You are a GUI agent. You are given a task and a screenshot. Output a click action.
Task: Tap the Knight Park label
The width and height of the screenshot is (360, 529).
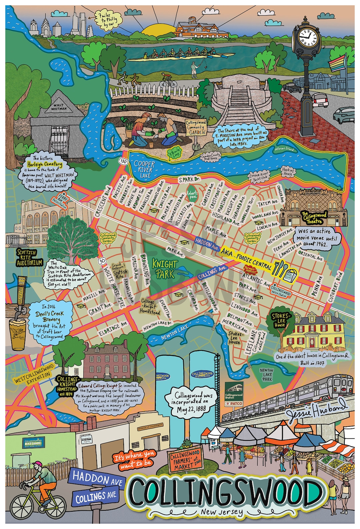(x=165, y=268)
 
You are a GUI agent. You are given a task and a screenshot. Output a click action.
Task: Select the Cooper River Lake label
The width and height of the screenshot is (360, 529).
(x=144, y=169)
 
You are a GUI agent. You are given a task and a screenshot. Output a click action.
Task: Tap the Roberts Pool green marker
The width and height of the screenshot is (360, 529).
(x=192, y=195)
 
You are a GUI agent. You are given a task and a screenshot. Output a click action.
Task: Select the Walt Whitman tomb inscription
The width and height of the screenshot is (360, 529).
(x=59, y=107)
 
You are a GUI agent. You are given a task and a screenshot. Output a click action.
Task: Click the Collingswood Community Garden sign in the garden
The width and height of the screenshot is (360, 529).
(x=196, y=127)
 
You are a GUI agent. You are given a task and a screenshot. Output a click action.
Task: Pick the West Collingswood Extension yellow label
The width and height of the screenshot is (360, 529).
(x=34, y=374)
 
